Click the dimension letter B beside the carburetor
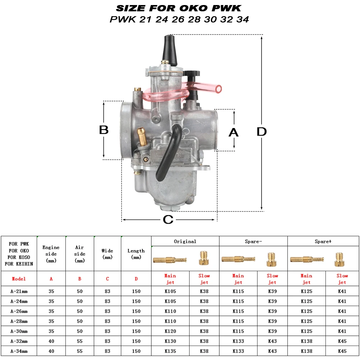[x=104, y=130]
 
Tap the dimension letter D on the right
[x=262, y=132]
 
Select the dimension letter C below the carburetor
[x=168, y=220]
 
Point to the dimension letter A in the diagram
[x=233, y=132]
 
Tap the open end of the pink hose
[x=218, y=89]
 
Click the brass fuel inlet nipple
[x=142, y=136]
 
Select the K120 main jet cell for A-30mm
[x=170, y=331]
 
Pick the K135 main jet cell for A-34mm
[x=170, y=351]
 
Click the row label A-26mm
[x=19, y=311]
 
